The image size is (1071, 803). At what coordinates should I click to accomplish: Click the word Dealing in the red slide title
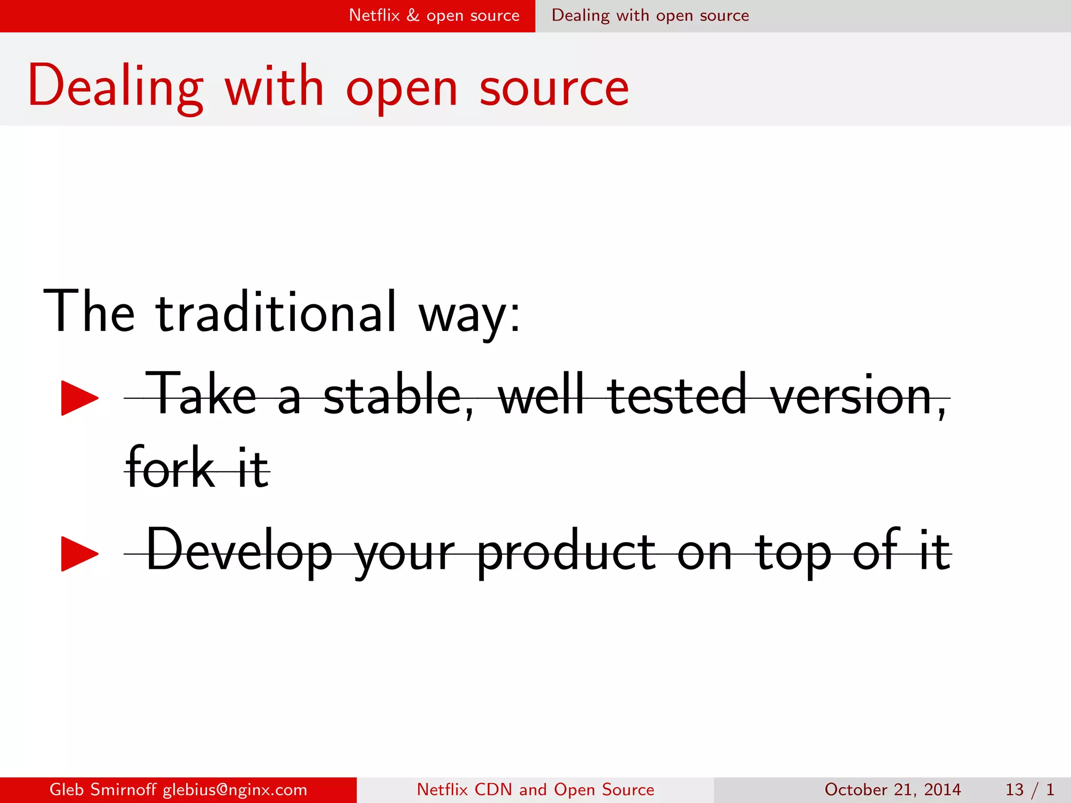coord(115,86)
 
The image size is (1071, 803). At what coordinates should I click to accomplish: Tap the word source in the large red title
coord(554,89)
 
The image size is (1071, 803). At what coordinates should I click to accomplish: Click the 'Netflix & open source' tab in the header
coord(434,16)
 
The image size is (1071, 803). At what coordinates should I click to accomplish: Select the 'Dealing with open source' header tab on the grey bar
coord(650,16)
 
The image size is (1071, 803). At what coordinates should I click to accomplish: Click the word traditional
coord(276,312)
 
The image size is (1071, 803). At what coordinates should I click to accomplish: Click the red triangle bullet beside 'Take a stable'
coord(79,398)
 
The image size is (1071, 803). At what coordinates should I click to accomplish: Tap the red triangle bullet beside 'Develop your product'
coord(79,553)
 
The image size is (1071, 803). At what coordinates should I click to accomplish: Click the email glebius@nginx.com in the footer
coord(235,789)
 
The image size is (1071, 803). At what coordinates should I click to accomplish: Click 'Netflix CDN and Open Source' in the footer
coord(535,789)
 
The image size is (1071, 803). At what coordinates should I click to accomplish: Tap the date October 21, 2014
coord(893,789)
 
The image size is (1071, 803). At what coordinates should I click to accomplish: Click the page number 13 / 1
coord(1029,789)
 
